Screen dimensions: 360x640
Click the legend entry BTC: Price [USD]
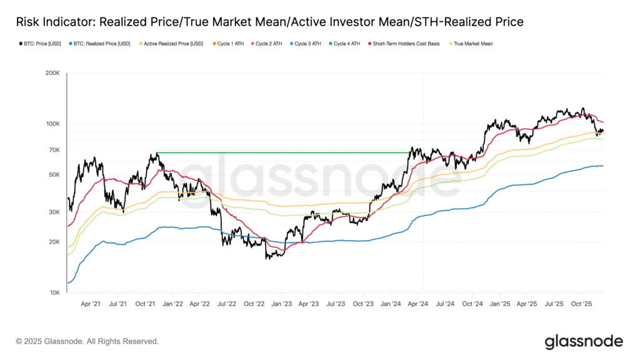coord(39,44)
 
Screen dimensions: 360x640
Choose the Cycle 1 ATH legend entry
coord(231,44)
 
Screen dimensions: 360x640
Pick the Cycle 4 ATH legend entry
coord(347,44)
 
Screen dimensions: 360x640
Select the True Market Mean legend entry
coord(473,44)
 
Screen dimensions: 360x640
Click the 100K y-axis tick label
coord(52,124)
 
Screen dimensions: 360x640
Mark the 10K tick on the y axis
coord(54,292)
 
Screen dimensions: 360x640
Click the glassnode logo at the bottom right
coord(583,341)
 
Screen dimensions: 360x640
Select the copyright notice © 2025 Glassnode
coord(87,342)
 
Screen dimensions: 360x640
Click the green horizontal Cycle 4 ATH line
coord(281,153)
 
